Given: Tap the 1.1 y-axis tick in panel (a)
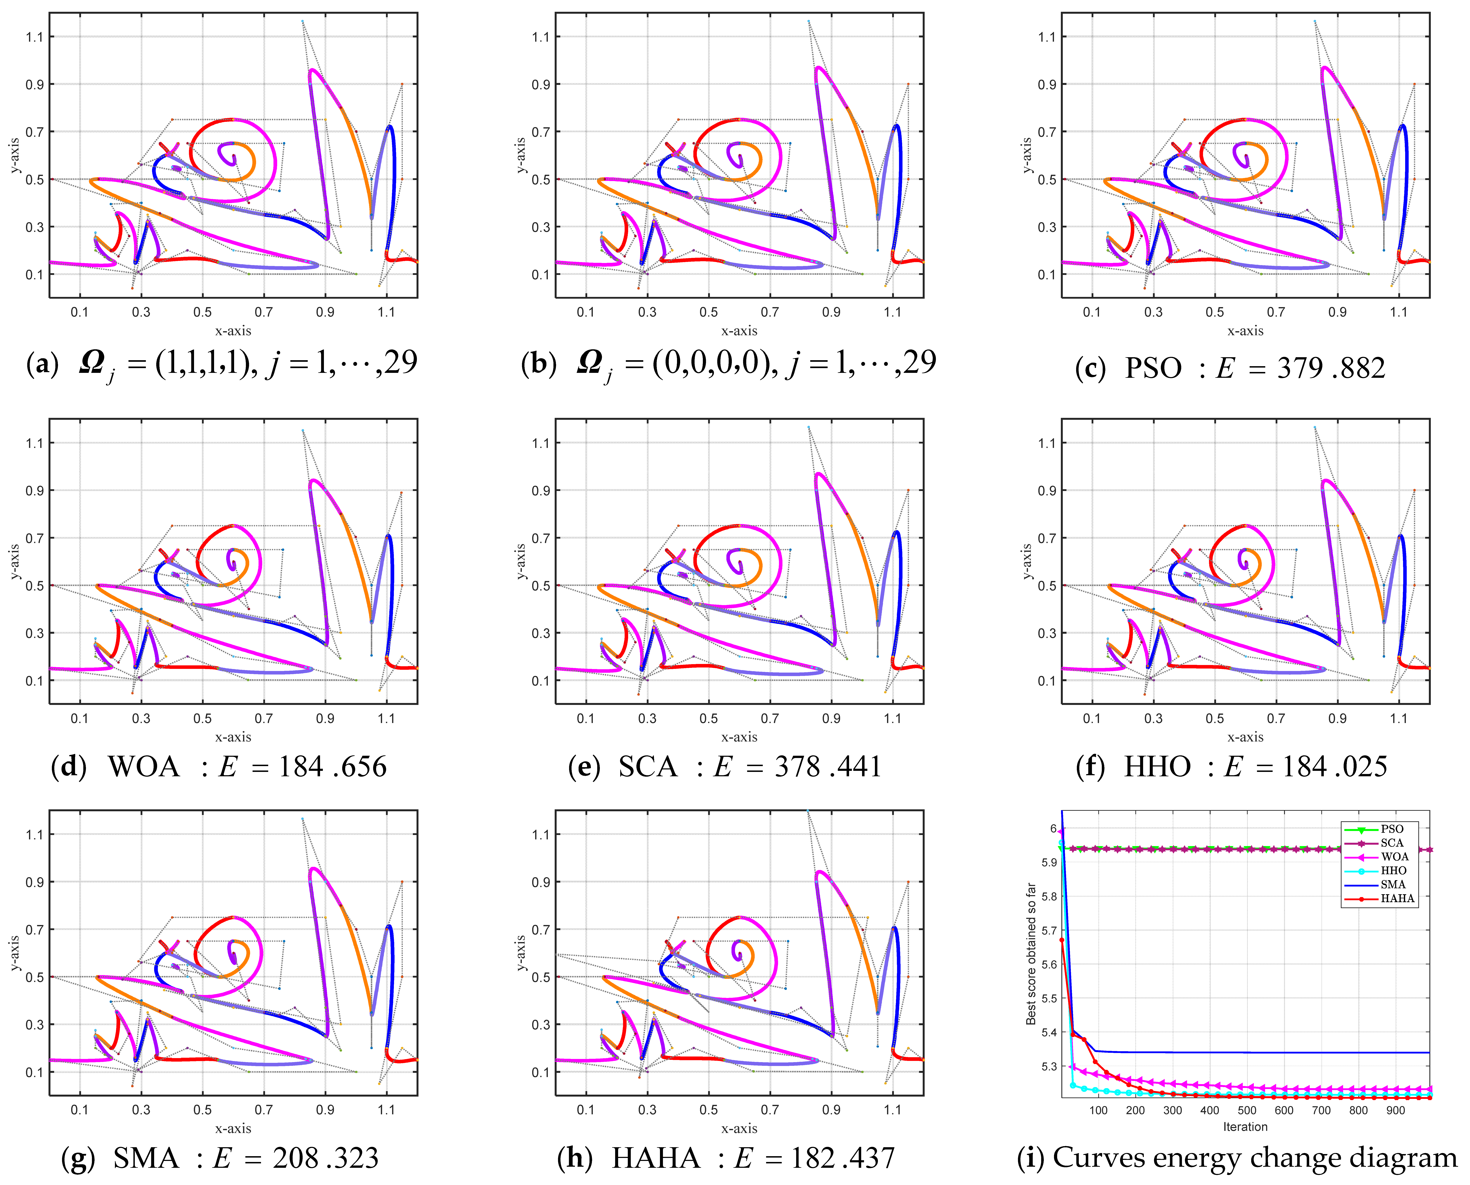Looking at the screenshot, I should click(x=34, y=37).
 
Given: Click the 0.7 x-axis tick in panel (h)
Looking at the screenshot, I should click(x=770, y=1110).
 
